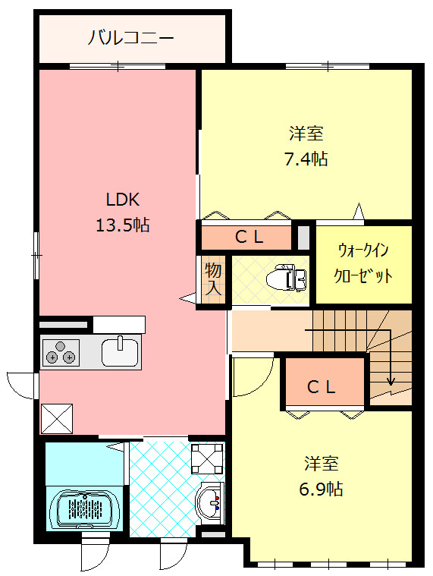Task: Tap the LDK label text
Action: (121, 200)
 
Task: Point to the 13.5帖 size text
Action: (121, 225)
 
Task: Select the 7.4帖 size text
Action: (306, 159)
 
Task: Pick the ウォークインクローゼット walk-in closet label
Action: (364, 263)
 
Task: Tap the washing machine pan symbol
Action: (206, 458)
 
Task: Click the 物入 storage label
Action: (214, 279)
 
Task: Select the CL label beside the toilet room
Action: (249, 237)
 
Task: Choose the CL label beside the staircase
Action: (321, 386)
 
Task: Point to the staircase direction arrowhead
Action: (391, 382)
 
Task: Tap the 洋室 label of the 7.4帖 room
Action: (306, 134)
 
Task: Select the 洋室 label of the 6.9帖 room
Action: (322, 463)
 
